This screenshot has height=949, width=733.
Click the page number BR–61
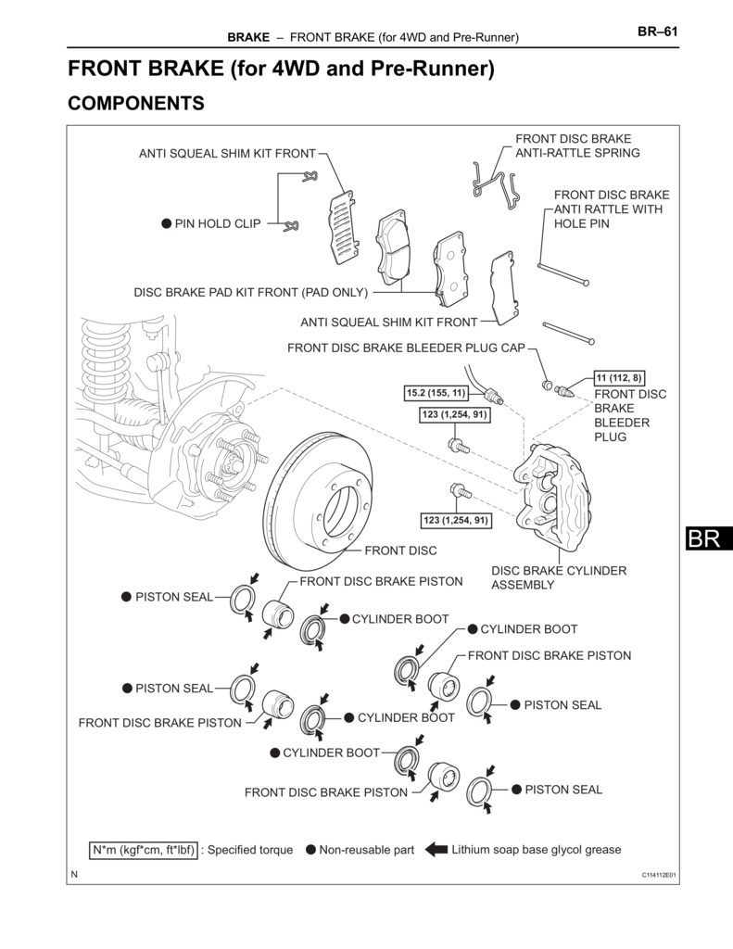pos(657,31)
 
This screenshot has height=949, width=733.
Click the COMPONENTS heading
pos(136,103)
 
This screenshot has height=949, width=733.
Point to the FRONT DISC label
pos(400,550)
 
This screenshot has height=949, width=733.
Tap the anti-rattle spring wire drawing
pos(493,183)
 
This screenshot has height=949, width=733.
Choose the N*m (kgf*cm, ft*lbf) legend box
pos(143,849)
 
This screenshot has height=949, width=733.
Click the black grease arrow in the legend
pos(436,849)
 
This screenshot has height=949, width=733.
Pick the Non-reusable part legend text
pos(366,849)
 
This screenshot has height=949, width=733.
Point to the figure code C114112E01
pos(659,875)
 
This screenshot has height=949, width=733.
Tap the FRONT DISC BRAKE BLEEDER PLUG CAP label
pos(406,348)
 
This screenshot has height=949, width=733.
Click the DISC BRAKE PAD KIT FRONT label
pos(251,292)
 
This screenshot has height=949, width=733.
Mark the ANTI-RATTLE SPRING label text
pos(577,146)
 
